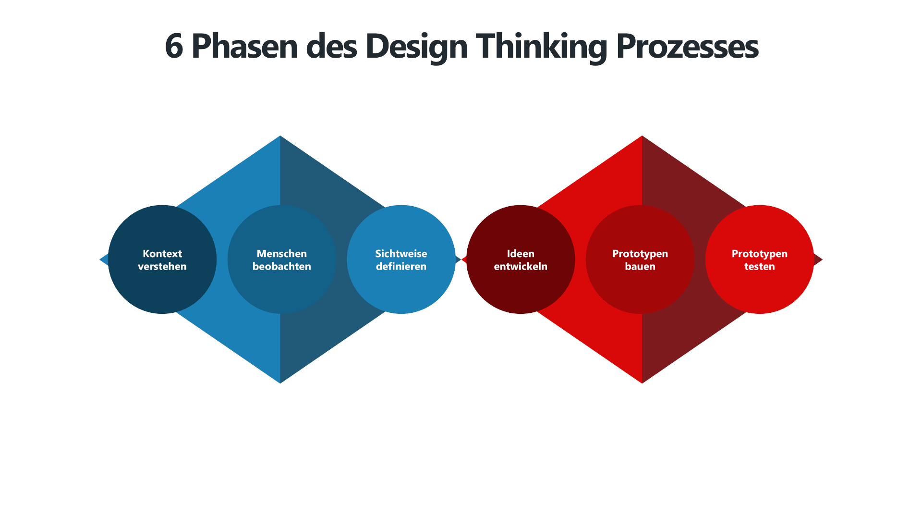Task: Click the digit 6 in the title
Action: point(174,47)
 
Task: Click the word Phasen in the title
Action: point(244,47)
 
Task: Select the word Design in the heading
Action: point(416,47)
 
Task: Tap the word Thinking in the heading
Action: point(541,47)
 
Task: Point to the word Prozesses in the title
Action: point(687,47)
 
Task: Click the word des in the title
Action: point(331,47)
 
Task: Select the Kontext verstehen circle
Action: point(162,288)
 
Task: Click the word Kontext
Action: point(162,254)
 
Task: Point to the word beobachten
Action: point(282,266)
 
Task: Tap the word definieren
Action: point(401,266)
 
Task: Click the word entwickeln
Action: point(521,266)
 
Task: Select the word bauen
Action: point(640,266)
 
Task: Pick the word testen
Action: point(760,266)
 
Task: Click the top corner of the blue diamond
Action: point(280,138)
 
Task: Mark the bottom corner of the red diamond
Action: point(642,381)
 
